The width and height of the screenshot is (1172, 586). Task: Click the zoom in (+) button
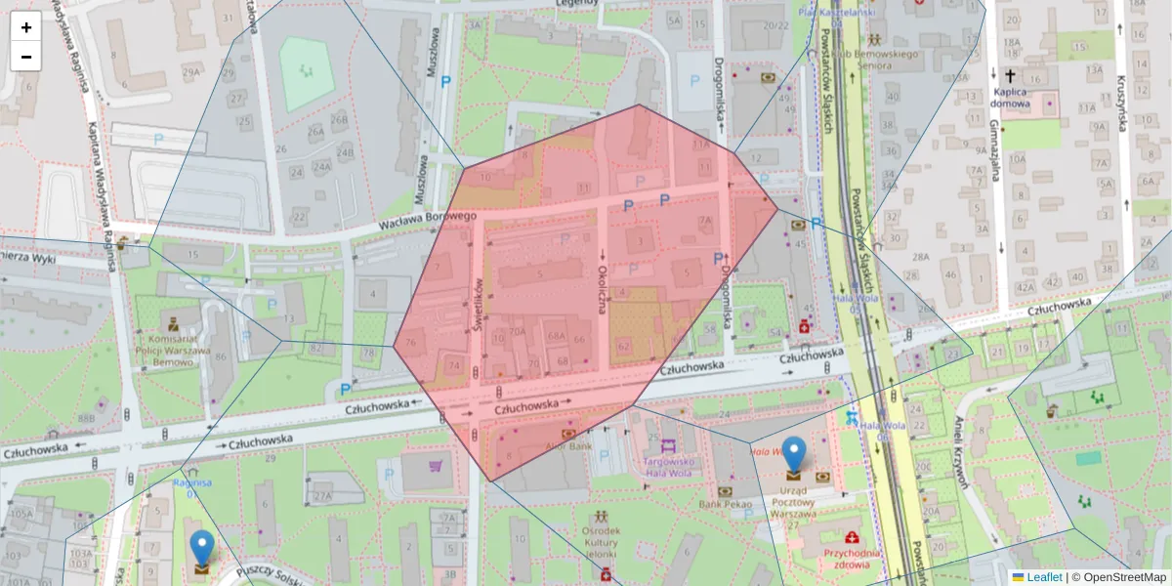26,27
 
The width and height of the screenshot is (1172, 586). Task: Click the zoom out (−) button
26,57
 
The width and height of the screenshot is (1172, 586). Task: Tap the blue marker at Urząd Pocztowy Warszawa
795,456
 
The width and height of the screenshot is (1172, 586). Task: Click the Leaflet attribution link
1043,577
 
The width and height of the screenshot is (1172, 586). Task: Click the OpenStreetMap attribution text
1119,577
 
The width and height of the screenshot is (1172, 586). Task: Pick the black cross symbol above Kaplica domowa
1010,75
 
